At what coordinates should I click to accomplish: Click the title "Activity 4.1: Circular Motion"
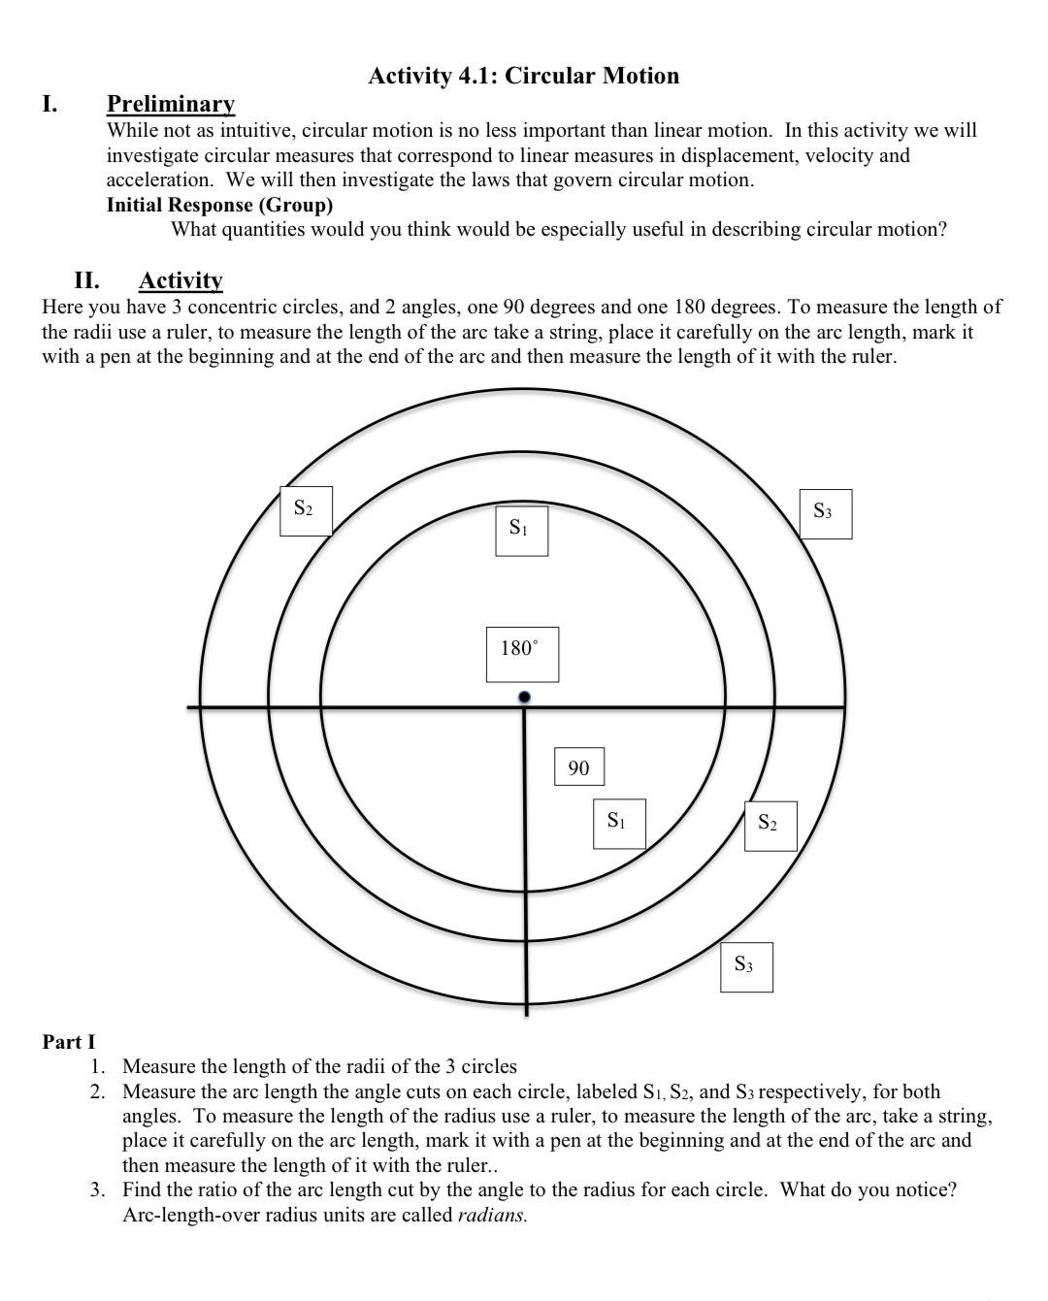coord(524,76)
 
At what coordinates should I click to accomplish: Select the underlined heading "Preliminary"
coord(171,104)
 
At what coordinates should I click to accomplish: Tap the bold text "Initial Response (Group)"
coord(219,205)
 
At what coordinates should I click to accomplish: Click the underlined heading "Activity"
coord(180,280)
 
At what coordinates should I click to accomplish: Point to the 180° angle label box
coord(522,653)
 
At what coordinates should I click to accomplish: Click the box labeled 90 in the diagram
coord(578,767)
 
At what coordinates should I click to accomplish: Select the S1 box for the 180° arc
coord(521,530)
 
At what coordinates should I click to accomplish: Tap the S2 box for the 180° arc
coord(306,510)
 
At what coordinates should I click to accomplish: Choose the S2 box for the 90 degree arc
coord(770,825)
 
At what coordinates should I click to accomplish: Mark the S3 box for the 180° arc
coord(825,513)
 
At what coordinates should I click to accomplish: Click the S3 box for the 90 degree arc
coord(746,966)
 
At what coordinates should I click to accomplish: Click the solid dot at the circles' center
coord(524,697)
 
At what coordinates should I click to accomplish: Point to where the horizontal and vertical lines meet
coord(525,707)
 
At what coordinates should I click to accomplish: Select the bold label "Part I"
coord(69,1042)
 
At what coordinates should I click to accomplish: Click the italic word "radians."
coord(492,1215)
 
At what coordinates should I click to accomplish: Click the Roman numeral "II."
coord(87,280)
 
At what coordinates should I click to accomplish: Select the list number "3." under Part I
coord(98,1189)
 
